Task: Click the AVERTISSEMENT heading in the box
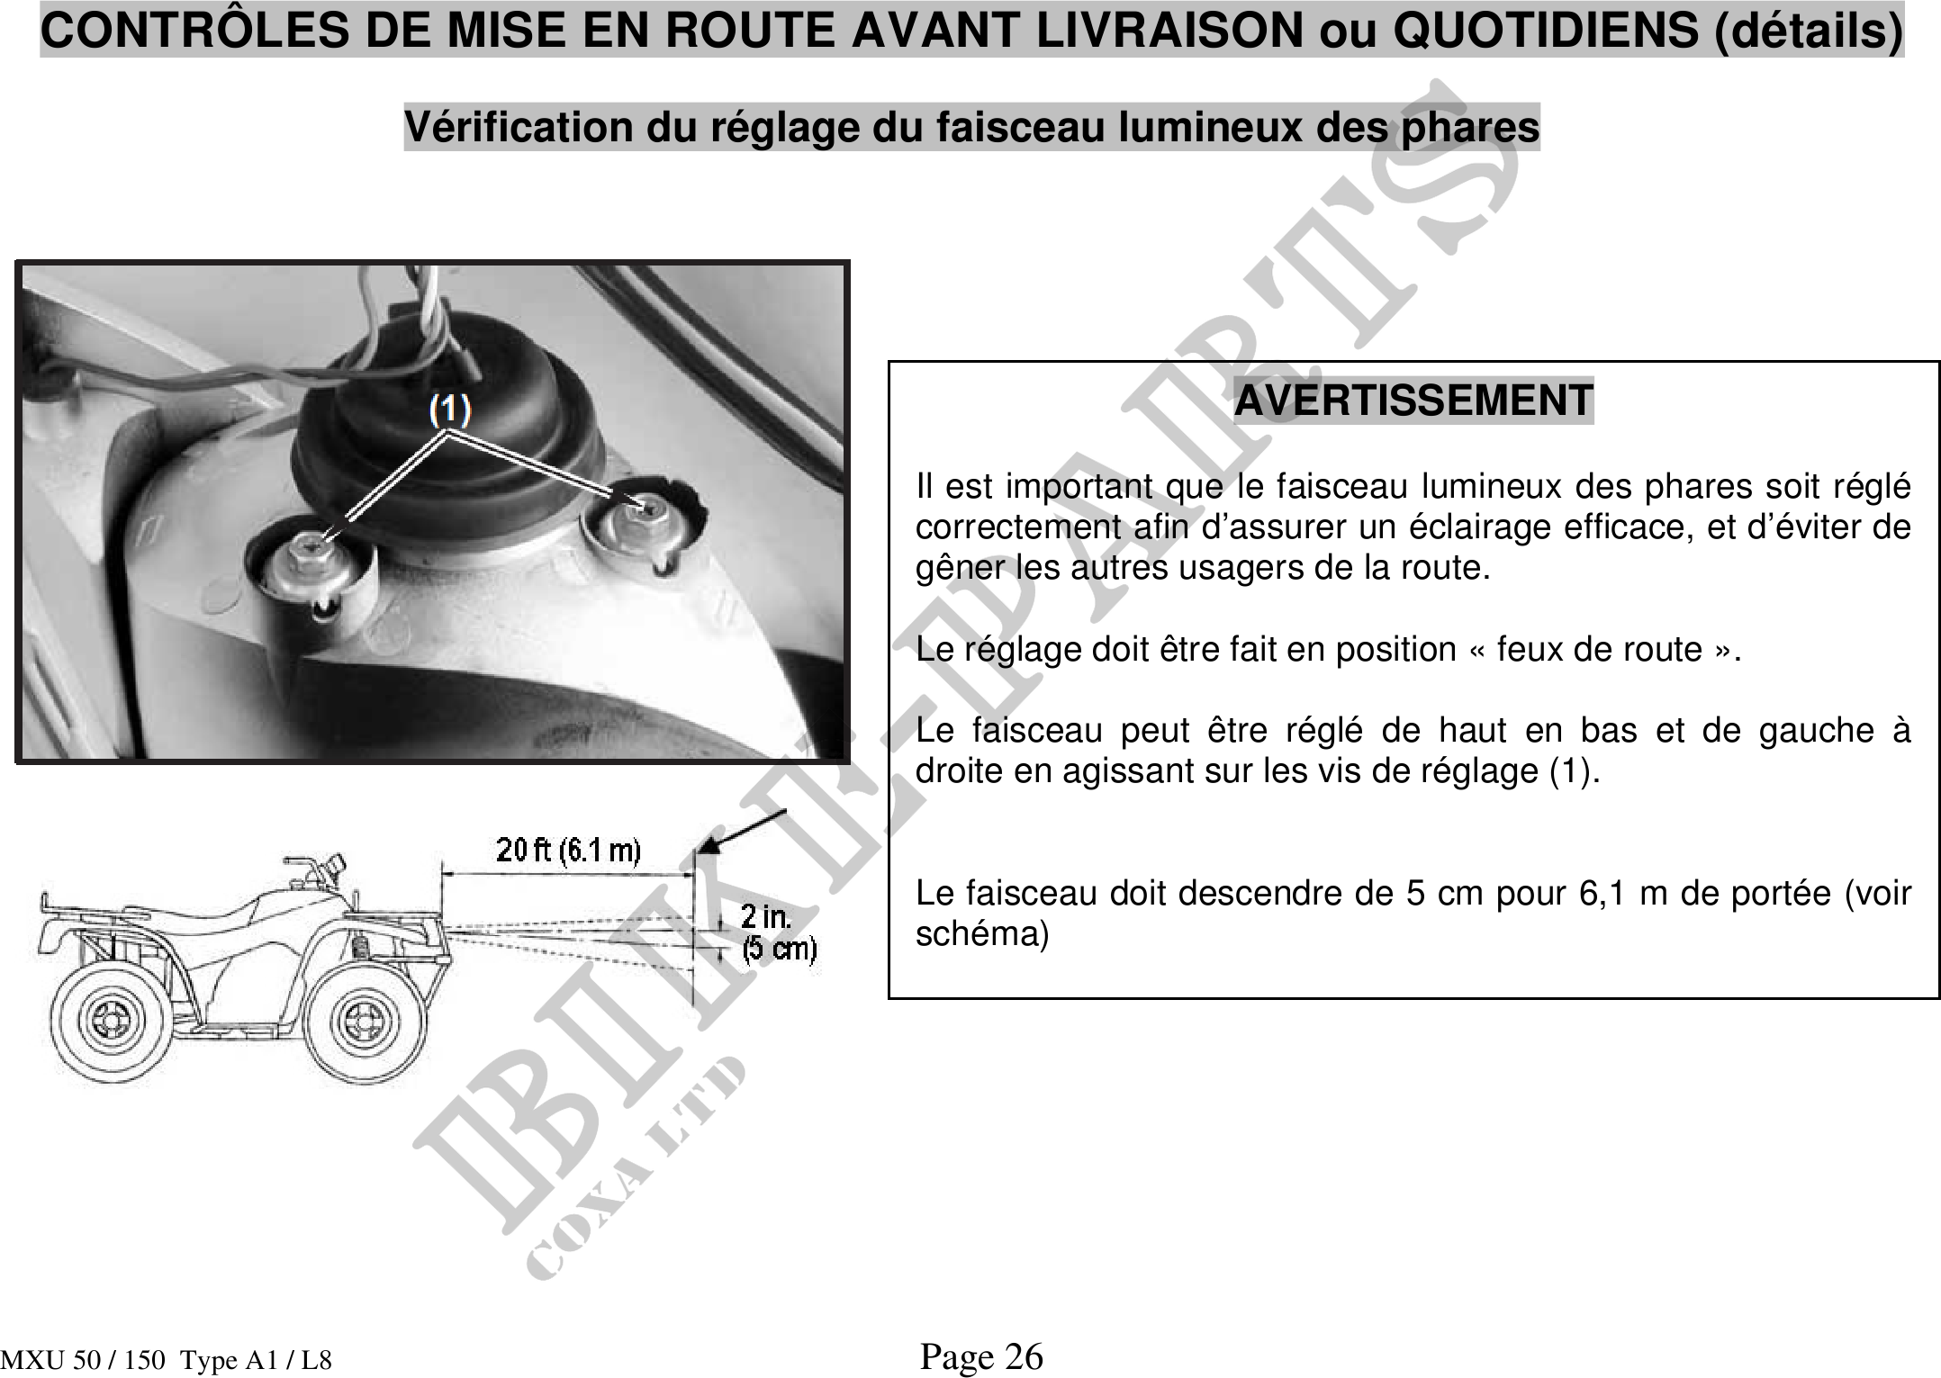(x=1413, y=401)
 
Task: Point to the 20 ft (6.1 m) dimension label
(x=568, y=851)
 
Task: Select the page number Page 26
(x=981, y=1355)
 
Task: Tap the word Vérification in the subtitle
(x=519, y=127)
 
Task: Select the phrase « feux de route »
(x=1619, y=649)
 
